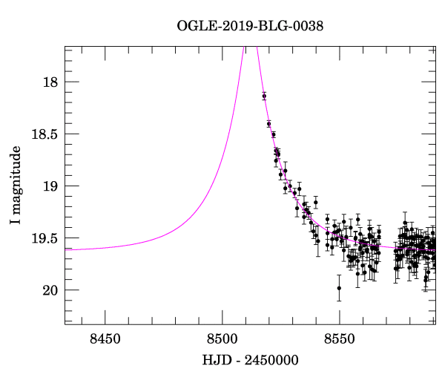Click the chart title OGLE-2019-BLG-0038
pos(250,27)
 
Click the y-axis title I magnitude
pos(16,186)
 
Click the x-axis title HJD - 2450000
pos(250,361)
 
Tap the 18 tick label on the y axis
pos(48,82)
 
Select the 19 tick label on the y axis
pos(48,186)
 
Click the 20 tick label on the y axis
pos(48,290)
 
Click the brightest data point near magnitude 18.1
pos(264,96)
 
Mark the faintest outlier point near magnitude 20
pos(339,288)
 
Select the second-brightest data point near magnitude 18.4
pos(268,123)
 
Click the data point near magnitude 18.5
pos(273,134)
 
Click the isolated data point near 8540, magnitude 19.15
pos(316,202)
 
